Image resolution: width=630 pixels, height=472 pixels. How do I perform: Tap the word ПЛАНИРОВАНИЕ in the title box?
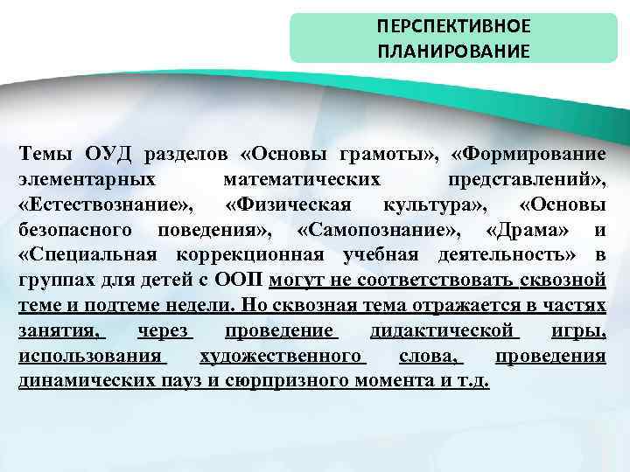pyautogui.click(x=453, y=51)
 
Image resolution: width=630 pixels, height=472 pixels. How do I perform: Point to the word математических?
pyautogui.click(x=302, y=180)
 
